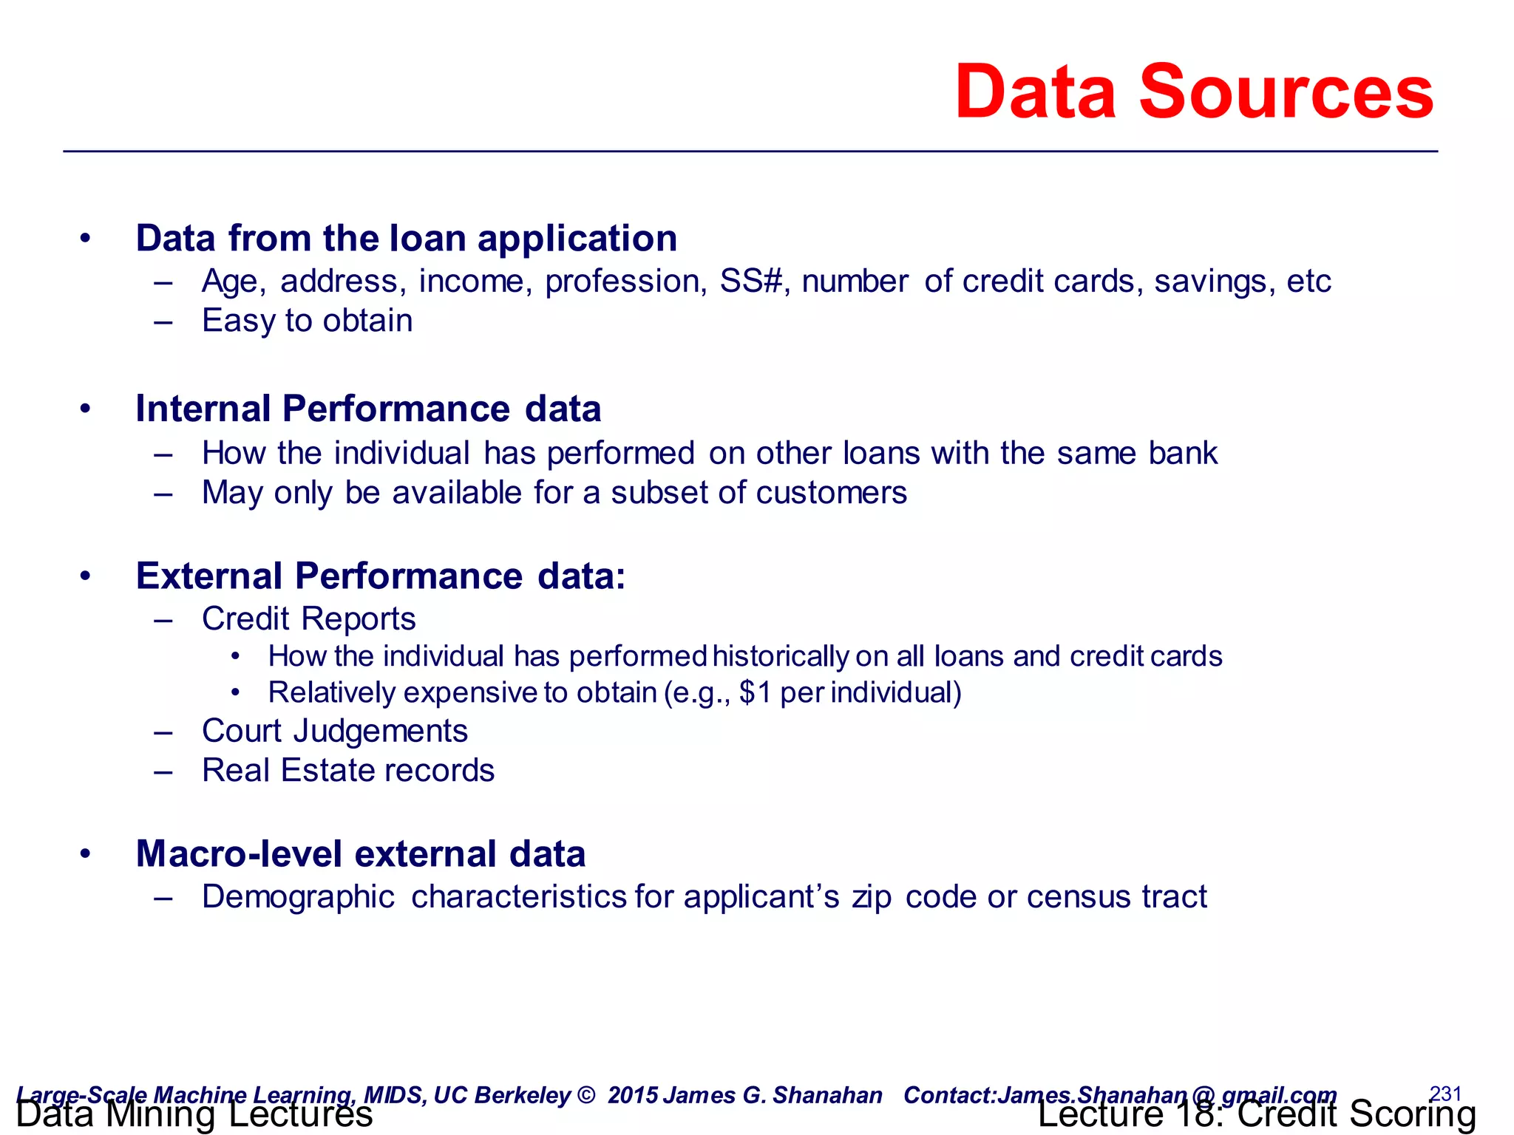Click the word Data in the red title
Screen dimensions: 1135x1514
(1035, 92)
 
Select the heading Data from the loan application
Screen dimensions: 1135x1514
(406, 239)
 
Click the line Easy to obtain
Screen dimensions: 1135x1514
(307, 321)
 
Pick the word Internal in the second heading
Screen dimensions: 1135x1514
(203, 409)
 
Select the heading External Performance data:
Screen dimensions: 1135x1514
(380, 576)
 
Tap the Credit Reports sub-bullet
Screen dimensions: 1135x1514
(308, 619)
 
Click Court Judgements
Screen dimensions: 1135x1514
(334, 732)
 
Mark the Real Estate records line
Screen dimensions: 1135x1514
(347, 771)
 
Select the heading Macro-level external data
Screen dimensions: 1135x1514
(360, 854)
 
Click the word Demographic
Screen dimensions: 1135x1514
(298, 897)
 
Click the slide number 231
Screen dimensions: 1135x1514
(1446, 1093)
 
